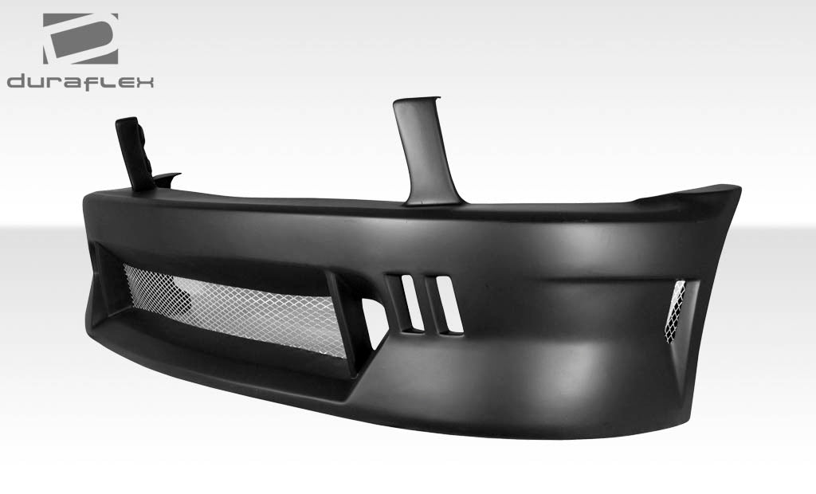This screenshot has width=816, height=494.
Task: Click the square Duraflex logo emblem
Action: pyautogui.click(x=80, y=38)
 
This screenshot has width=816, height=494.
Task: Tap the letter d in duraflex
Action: pyautogui.click(x=15, y=81)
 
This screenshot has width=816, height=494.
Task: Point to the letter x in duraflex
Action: pyautogui.click(x=144, y=81)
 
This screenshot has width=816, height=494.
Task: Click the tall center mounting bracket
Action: pyautogui.click(x=422, y=151)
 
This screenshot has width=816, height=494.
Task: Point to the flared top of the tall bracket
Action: pyautogui.click(x=414, y=105)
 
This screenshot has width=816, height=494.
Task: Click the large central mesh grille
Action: pyautogui.click(x=239, y=307)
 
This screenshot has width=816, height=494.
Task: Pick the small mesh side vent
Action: pyautogui.click(x=676, y=310)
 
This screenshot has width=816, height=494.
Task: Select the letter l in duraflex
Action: pyautogui.click(x=104, y=81)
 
